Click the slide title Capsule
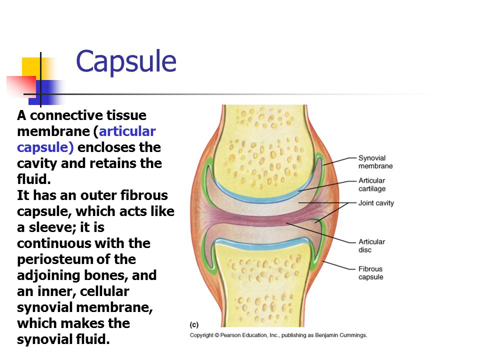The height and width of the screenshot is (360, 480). click(x=126, y=62)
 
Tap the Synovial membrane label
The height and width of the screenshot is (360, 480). click(x=375, y=162)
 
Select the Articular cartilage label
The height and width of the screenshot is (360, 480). click(x=372, y=184)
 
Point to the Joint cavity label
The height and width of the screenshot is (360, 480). click(x=376, y=203)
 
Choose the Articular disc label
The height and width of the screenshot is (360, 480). click(x=371, y=246)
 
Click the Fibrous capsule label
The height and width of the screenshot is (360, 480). click(x=370, y=273)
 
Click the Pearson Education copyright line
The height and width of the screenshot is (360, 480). click(x=278, y=335)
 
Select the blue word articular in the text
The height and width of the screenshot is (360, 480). click(x=127, y=131)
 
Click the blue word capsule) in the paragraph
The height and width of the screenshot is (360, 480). click(x=45, y=147)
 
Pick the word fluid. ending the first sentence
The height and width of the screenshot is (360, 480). click(x=34, y=179)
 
